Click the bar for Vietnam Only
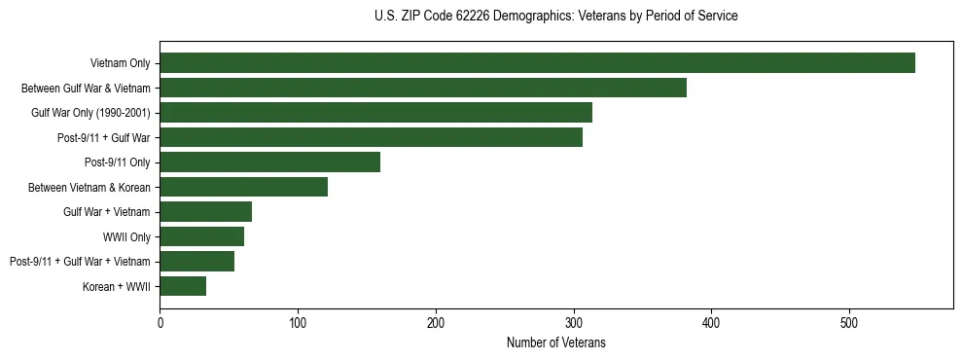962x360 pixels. (537, 63)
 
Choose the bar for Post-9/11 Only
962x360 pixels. (269, 162)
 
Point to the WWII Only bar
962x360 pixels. (201, 236)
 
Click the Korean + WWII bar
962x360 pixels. (183, 286)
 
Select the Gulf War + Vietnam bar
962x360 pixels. (205, 212)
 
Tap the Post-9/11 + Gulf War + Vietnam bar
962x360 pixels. (196, 261)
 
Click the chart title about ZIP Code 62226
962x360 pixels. (555, 17)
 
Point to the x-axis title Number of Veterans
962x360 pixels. (555, 342)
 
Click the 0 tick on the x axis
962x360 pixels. (160, 322)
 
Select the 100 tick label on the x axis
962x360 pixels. (298, 322)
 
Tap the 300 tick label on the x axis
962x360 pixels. (574, 322)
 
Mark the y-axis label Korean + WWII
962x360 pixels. (118, 286)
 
